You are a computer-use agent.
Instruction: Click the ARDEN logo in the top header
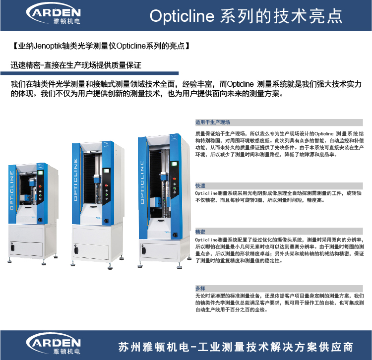pyautogui.click(x=54, y=13)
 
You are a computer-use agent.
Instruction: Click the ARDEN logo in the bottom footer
pyautogui.click(x=54, y=344)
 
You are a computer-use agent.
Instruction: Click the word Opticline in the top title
pyautogui.click(x=182, y=16)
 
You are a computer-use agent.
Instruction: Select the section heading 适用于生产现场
pyautogui.click(x=213, y=122)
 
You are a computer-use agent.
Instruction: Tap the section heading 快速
pyautogui.click(x=200, y=185)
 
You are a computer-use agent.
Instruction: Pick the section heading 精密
pyautogui.click(x=200, y=232)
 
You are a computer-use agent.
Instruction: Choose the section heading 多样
pyautogui.click(x=200, y=289)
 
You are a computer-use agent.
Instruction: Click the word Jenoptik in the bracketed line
pyautogui.click(x=48, y=46)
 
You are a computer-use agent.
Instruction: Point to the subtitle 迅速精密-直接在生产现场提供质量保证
pyautogui.click(x=76, y=65)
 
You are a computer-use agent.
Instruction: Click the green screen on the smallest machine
pyautogui.click(x=40, y=173)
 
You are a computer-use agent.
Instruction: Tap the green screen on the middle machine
pyautogui.click(x=106, y=171)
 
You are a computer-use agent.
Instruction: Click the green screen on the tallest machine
pyautogui.click(x=175, y=164)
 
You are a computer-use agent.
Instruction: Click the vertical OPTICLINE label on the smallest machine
pyautogui.click(x=12, y=190)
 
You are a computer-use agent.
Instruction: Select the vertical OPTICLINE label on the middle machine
pyautogui.click(x=75, y=180)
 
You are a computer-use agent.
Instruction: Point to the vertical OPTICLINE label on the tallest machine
pyautogui.click(x=142, y=182)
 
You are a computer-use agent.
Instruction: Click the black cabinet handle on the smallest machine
pyautogui.click(x=12, y=247)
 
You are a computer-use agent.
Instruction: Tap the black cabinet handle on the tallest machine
pyautogui.click(x=143, y=250)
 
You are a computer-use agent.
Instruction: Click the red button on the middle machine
pyautogui.click(x=106, y=185)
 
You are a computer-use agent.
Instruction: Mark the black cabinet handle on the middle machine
pyautogui.click(x=76, y=250)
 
